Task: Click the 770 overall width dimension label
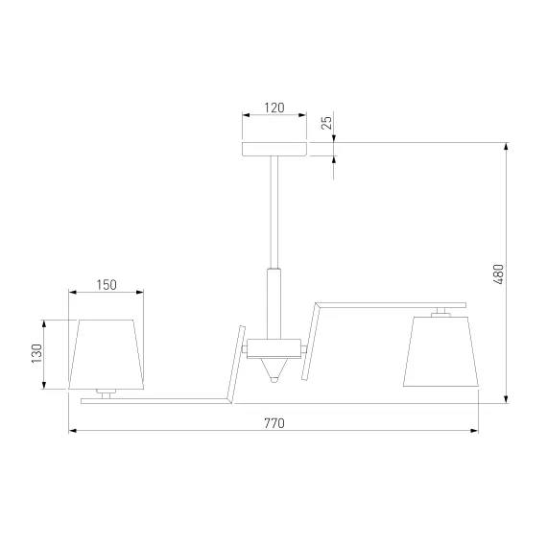coord(274,423)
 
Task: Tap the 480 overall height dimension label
coord(499,274)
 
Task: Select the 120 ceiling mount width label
coord(274,107)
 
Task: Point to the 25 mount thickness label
coord(327,123)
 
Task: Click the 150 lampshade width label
coord(107,285)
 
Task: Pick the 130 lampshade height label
coord(36,353)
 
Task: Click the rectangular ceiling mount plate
coord(274,149)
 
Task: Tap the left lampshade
coord(107,354)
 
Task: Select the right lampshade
coord(440,351)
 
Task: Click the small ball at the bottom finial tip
coord(274,379)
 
